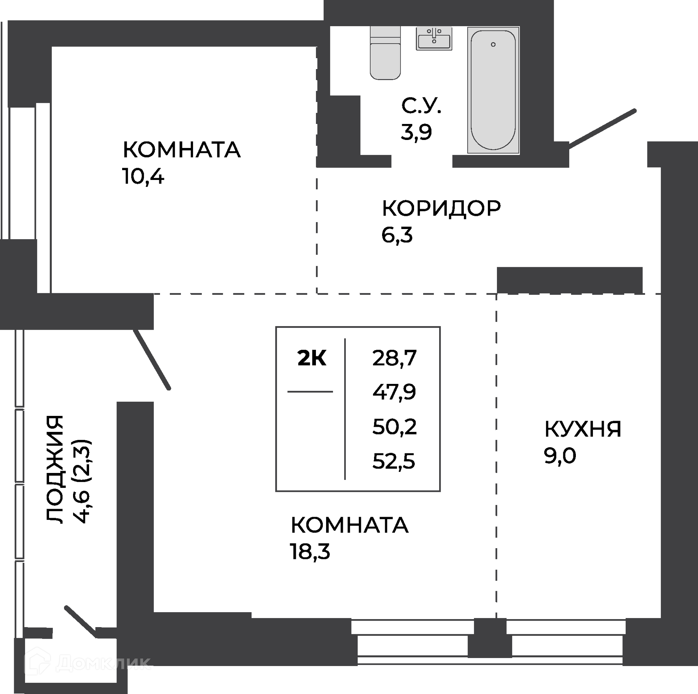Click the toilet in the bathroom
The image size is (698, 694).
tap(385, 53)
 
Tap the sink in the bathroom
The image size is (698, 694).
tap(434, 39)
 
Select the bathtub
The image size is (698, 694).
tap(493, 90)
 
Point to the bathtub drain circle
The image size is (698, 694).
tap(493, 44)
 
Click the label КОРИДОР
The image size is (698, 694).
tap(441, 208)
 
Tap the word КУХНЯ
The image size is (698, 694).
tap(583, 429)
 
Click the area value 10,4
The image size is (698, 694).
tap(144, 177)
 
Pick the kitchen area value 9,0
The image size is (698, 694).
tap(560, 456)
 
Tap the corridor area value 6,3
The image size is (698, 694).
tap(397, 235)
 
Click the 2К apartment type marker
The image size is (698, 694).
tap(312, 358)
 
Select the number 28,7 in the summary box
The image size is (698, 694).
tap(394, 358)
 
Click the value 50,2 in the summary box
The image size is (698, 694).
tap(394, 427)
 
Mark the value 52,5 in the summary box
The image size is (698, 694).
tap(394, 461)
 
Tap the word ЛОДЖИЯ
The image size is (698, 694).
tap(55, 469)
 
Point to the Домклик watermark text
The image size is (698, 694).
tap(87, 663)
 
